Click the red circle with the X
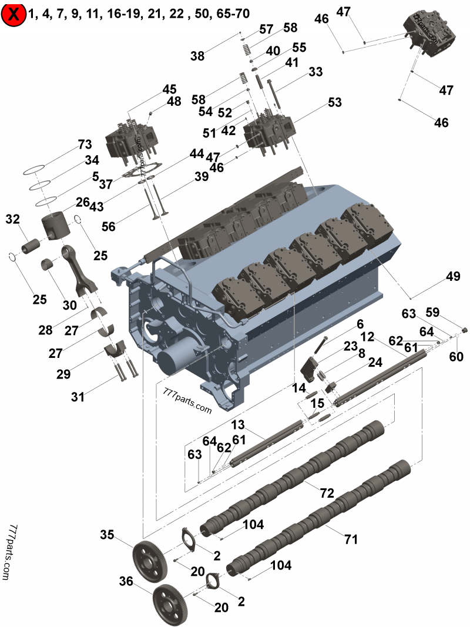point(14,15)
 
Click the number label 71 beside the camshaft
point(351,538)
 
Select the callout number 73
point(85,145)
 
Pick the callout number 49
point(452,276)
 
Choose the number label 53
point(334,103)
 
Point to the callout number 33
point(315,72)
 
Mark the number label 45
point(169,89)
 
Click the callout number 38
point(197,56)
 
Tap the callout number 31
point(78,397)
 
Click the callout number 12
point(367,337)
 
